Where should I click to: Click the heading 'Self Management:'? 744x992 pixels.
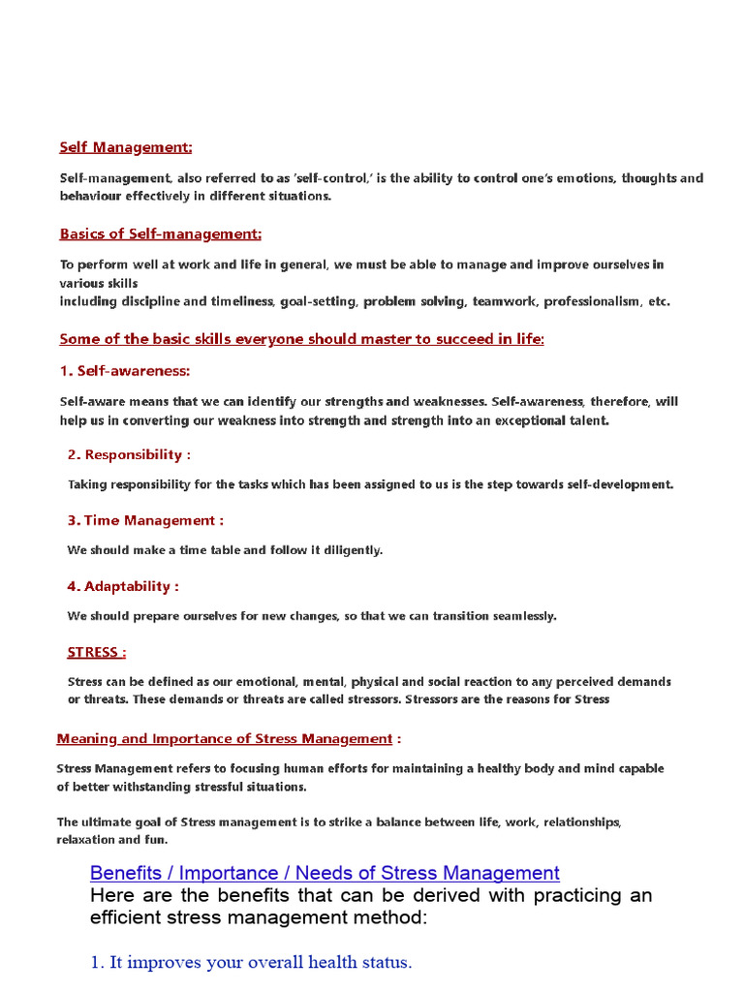coord(126,147)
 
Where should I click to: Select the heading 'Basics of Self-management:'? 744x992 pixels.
coord(161,234)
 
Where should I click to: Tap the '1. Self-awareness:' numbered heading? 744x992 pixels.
coord(125,371)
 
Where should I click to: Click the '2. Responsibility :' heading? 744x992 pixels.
coord(129,455)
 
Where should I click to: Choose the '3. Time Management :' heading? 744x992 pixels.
coord(145,521)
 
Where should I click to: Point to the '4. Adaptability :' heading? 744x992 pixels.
coord(123,587)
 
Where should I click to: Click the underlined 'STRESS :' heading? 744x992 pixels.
coord(97,653)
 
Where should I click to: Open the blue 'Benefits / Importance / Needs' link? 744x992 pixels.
coord(325,874)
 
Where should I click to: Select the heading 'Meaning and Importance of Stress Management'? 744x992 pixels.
coord(225,739)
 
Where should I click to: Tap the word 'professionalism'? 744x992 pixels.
coord(592,302)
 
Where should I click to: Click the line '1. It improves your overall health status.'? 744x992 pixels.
coord(251,963)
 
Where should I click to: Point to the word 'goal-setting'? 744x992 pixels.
coord(318,302)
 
